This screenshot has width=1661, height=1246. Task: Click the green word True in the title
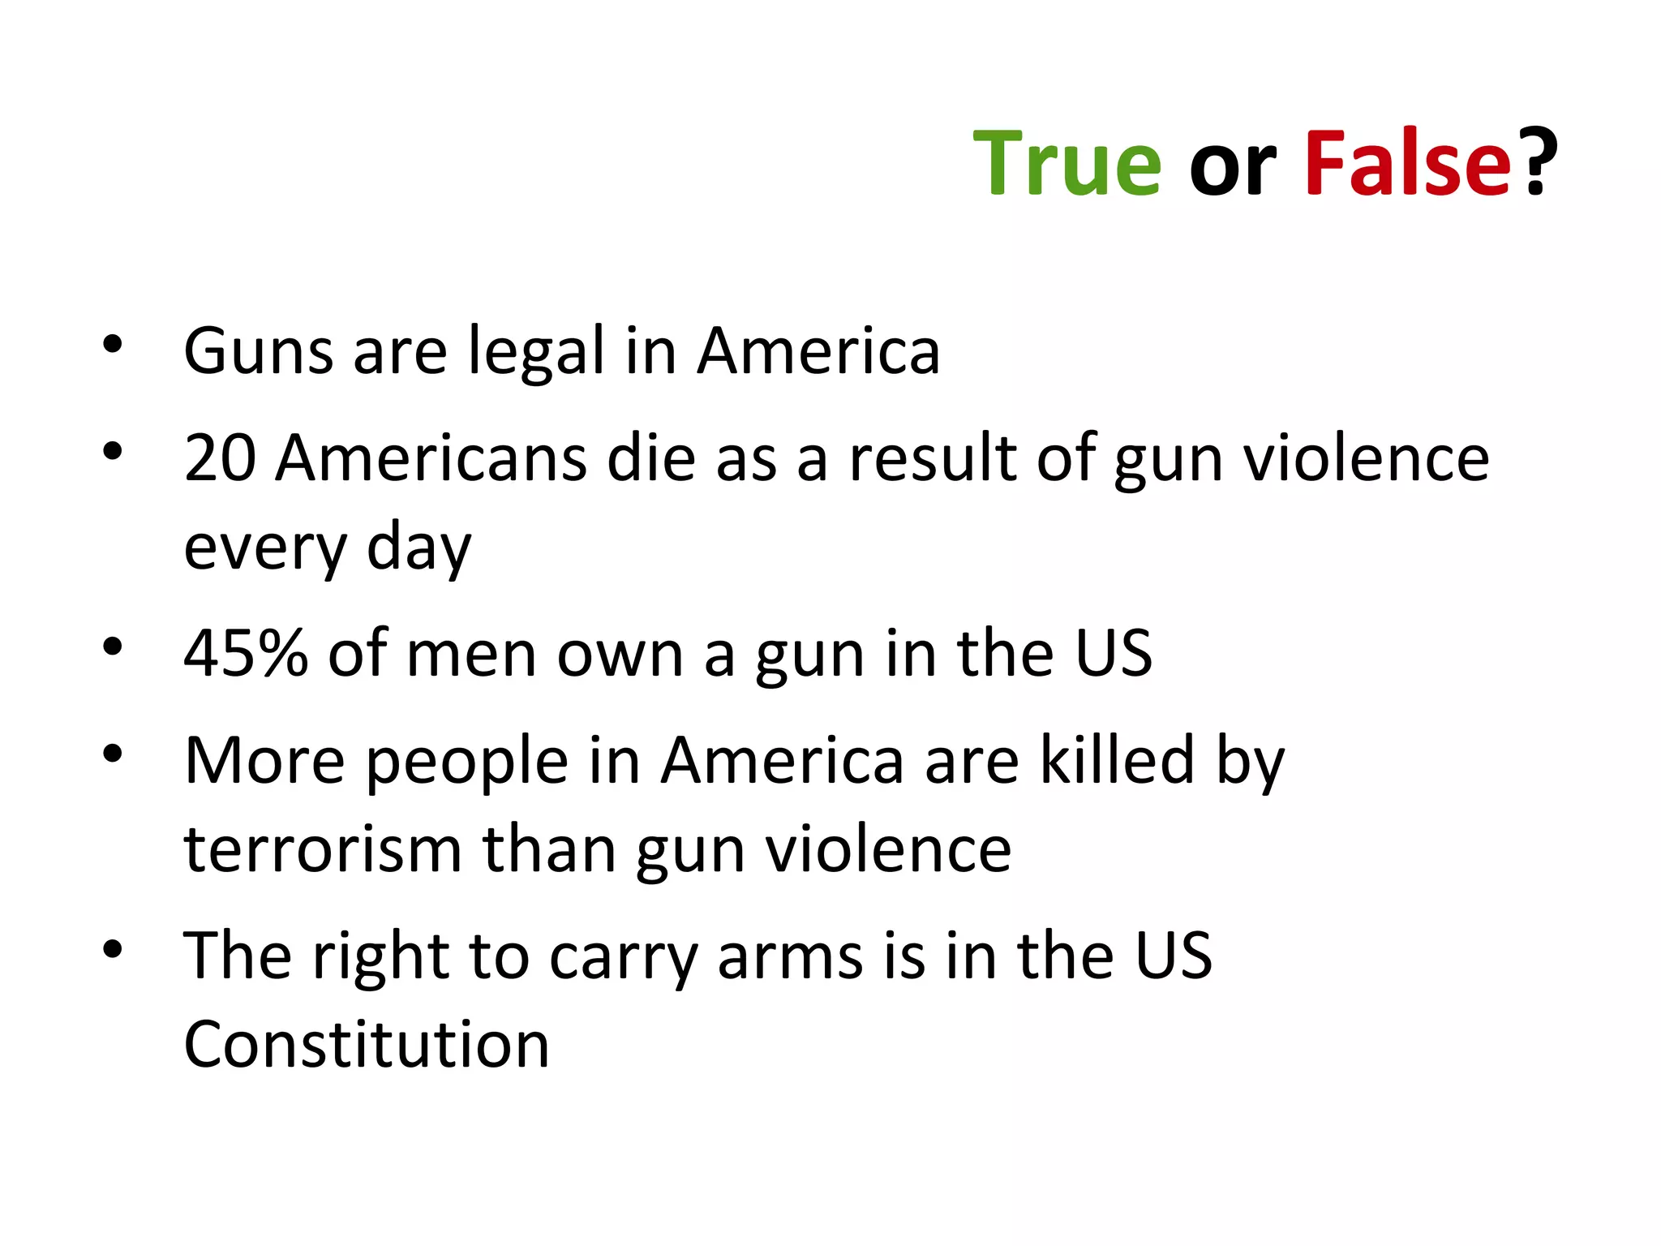(x=1067, y=164)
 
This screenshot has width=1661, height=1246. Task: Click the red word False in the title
(x=1408, y=164)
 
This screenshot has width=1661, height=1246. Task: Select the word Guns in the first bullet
(x=259, y=352)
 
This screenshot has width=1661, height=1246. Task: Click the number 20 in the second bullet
(x=220, y=458)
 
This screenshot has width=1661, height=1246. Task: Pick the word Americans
(x=431, y=458)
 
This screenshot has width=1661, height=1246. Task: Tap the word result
(x=933, y=458)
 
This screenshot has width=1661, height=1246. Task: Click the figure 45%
(x=246, y=654)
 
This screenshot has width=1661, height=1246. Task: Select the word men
(x=471, y=654)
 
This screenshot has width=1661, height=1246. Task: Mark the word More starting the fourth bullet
(x=264, y=761)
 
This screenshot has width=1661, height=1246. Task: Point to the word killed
(x=1117, y=761)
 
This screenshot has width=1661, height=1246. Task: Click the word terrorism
(x=323, y=850)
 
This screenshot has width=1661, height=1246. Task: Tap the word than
(x=549, y=850)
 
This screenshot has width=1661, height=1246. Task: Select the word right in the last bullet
(x=380, y=957)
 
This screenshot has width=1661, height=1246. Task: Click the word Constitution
(x=367, y=1045)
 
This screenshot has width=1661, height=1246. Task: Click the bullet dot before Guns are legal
(x=113, y=345)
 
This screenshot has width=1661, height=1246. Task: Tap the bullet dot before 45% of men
(x=113, y=647)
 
